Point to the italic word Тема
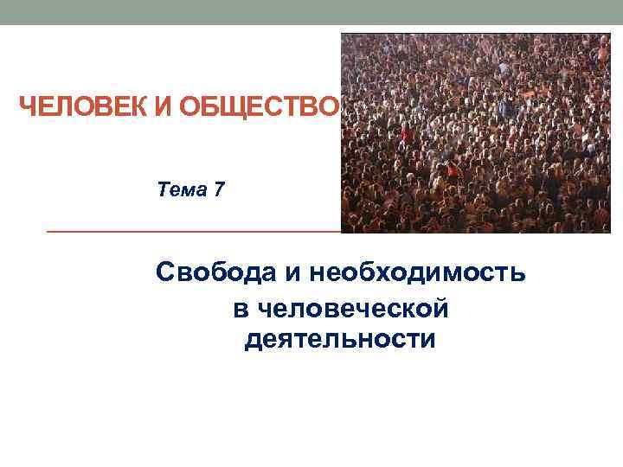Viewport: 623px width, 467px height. click(182, 189)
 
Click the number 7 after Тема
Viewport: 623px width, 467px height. click(218, 189)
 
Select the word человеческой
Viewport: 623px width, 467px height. click(351, 309)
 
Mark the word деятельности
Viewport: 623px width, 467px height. click(340, 339)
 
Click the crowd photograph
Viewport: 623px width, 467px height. click(475, 133)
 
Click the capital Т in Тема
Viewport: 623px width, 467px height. click(164, 189)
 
